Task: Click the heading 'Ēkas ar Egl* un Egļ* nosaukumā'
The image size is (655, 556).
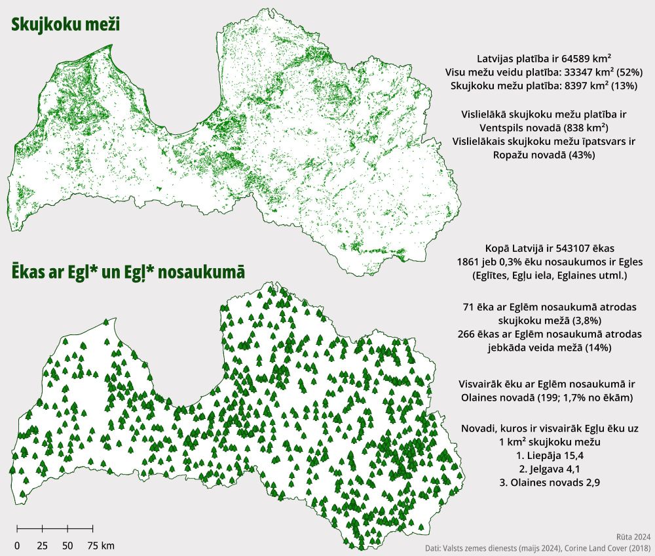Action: pyautogui.click(x=127, y=272)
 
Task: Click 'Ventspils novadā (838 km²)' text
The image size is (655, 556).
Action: pyautogui.click(x=544, y=127)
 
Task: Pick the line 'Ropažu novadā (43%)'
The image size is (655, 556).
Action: pyautogui.click(x=544, y=155)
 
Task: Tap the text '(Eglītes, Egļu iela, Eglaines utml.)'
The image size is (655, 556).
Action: pyautogui.click(x=545, y=275)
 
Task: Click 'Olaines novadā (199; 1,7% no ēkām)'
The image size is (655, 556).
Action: pyautogui.click(x=545, y=397)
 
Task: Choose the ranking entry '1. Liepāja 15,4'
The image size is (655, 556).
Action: pyautogui.click(x=545, y=455)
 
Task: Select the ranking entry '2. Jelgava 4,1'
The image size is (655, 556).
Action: pyautogui.click(x=545, y=469)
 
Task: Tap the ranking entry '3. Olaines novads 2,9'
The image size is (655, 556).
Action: pyautogui.click(x=545, y=483)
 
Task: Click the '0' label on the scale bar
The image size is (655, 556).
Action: pyautogui.click(x=17, y=545)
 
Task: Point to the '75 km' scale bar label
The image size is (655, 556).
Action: pyautogui.click(x=100, y=545)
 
